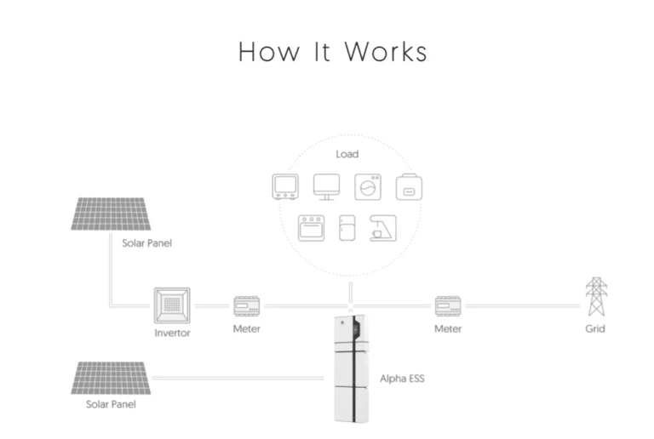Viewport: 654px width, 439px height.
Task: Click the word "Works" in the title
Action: (x=386, y=52)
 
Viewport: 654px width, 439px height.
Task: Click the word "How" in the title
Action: (x=264, y=52)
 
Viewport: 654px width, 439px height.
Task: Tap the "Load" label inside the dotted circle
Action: (x=347, y=154)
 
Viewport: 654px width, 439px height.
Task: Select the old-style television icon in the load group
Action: (x=283, y=186)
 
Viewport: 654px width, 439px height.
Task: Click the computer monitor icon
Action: (x=326, y=186)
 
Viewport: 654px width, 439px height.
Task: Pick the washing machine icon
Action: (x=368, y=186)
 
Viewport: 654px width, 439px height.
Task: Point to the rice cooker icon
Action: (x=410, y=187)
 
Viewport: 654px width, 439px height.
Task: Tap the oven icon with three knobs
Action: (x=311, y=228)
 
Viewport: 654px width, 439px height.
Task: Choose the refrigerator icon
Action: (x=347, y=227)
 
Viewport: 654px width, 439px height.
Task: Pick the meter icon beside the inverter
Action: (x=246, y=305)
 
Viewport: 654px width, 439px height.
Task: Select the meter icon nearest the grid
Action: (x=448, y=305)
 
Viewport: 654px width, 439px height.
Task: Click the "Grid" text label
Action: (x=594, y=328)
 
